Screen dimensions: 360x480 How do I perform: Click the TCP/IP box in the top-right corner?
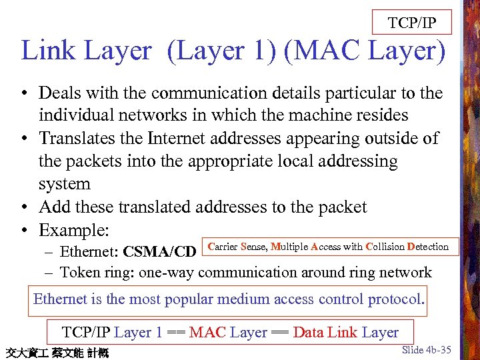tap(412, 23)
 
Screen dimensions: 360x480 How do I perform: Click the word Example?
tap(73, 230)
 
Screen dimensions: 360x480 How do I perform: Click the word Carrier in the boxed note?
tap(223, 247)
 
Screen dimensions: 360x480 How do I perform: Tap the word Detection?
tap(428, 247)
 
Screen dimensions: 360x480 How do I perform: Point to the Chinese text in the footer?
tap(57, 352)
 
